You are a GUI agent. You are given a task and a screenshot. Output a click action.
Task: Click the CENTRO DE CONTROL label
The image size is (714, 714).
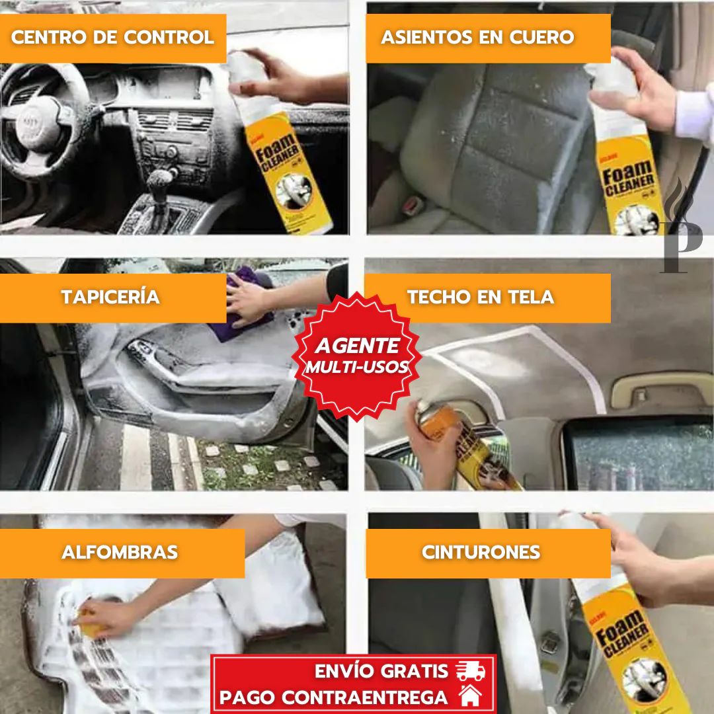tap(112, 38)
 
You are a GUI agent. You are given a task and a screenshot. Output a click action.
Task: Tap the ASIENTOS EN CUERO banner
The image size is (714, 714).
tap(477, 38)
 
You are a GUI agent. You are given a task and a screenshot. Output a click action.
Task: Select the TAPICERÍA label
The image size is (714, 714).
tap(111, 297)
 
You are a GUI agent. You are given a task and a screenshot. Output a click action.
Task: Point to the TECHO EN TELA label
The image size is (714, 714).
tap(481, 297)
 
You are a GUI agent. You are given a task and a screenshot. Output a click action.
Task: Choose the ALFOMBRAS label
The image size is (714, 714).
tap(120, 552)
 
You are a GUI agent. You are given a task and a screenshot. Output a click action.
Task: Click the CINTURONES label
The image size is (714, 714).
tap(481, 552)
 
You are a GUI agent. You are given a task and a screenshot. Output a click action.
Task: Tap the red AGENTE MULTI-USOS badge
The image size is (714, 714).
tap(357, 355)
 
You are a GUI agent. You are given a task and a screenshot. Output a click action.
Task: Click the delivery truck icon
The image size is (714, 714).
tap(470, 671)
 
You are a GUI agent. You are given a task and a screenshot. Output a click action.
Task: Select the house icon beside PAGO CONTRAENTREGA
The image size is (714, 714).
tap(471, 696)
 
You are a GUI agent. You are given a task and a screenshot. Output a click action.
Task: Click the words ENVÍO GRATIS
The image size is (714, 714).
tap(381, 671)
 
